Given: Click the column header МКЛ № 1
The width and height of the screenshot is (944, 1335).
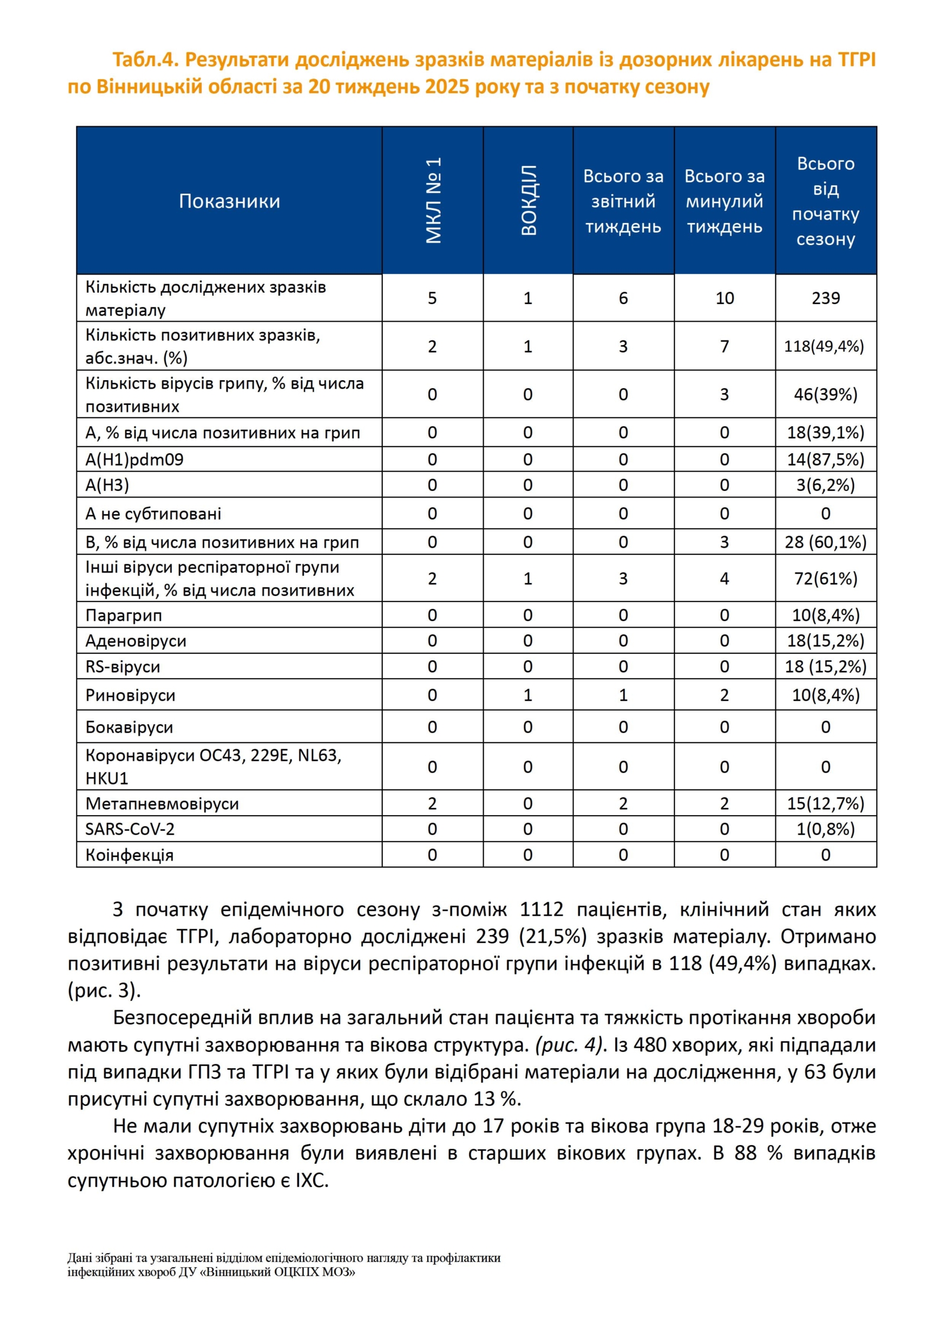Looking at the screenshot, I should (x=433, y=201).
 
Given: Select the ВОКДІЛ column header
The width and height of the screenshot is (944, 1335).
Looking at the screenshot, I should (x=529, y=201).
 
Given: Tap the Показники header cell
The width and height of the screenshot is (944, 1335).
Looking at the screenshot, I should (x=229, y=201).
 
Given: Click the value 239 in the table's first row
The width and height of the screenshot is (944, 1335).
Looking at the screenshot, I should (x=825, y=298).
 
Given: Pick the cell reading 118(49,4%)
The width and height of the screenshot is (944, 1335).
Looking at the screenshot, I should (x=824, y=346).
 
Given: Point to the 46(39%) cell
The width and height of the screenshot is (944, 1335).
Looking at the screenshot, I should (x=825, y=394).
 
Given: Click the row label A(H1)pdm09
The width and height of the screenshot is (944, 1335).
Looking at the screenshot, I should (x=135, y=459).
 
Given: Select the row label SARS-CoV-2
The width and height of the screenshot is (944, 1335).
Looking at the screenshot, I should (x=130, y=829).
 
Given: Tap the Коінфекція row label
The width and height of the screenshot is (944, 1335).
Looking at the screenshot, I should (x=129, y=855).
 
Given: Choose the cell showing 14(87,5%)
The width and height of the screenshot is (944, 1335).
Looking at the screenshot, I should (x=825, y=459).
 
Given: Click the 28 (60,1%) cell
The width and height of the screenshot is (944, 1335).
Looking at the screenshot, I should (x=825, y=542).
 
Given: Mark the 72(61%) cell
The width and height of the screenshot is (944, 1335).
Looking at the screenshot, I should (x=825, y=578).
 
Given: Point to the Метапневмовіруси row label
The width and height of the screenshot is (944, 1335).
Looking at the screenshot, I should (x=162, y=803).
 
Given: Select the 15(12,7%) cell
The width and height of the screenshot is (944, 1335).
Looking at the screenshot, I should (x=825, y=803).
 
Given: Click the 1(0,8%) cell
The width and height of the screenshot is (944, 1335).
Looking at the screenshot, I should (x=825, y=829).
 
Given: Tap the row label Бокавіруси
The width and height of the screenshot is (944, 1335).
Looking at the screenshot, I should (x=129, y=727).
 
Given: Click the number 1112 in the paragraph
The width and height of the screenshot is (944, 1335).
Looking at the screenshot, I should (x=541, y=909).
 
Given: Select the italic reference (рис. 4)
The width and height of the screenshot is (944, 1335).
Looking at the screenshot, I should (x=571, y=1045).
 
